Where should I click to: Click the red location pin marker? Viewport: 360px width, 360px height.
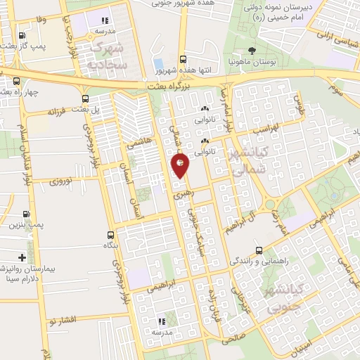click(x=180, y=165)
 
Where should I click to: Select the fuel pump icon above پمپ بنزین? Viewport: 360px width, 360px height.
click(x=27, y=214)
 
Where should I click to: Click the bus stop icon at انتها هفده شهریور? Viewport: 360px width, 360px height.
click(x=183, y=60)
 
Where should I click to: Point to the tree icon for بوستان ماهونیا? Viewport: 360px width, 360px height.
click(x=252, y=50)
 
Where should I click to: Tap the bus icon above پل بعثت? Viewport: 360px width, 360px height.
click(x=86, y=99)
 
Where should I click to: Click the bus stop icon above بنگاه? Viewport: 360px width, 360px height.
click(x=110, y=235)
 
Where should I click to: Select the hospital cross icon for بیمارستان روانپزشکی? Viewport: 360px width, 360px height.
click(x=22, y=257)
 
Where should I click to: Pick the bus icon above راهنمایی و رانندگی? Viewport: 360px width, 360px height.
click(x=259, y=250)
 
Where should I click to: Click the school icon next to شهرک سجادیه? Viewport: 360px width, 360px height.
click(x=105, y=21)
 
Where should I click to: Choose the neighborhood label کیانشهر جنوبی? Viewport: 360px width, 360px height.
click(x=279, y=300)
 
